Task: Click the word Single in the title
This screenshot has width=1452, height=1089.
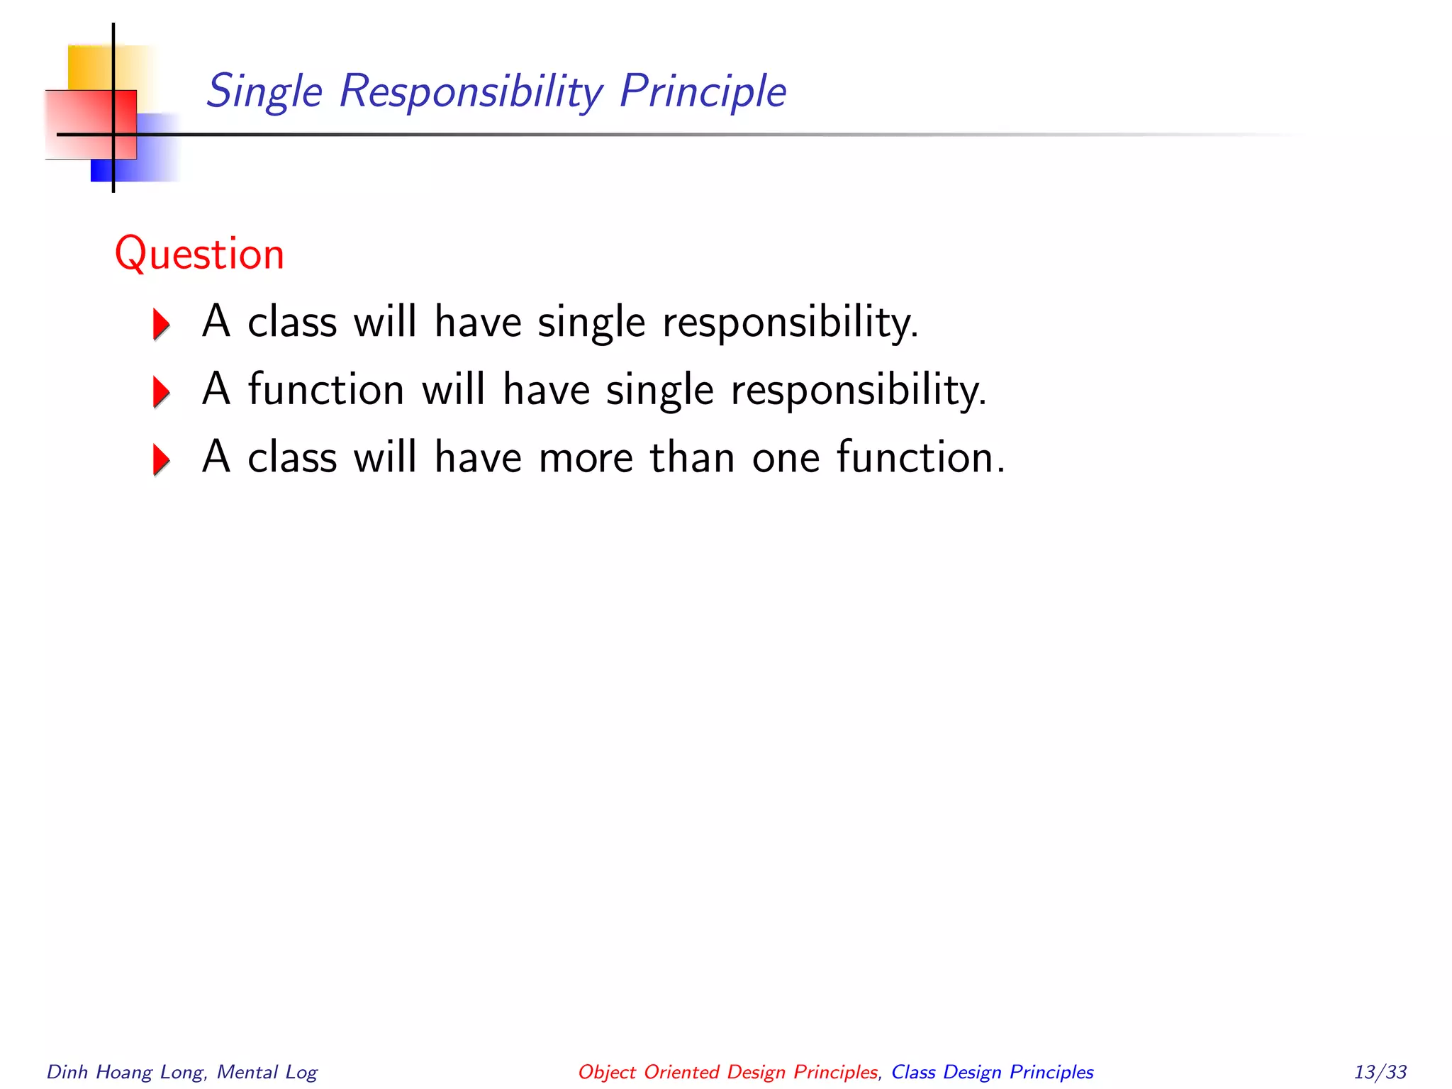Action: (264, 91)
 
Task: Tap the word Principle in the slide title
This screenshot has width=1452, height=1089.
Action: (702, 91)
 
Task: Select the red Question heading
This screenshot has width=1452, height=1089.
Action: (199, 254)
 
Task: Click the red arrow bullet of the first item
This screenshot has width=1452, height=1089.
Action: (162, 325)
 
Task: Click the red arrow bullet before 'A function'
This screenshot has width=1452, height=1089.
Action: (162, 392)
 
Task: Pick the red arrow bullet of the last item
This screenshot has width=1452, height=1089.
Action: (162, 459)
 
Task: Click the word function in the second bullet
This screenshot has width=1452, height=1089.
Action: (326, 389)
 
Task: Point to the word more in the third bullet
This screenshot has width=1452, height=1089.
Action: (586, 457)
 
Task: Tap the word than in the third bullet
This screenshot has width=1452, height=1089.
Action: (692, 457)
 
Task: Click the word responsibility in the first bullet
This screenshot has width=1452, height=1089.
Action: (790, 323)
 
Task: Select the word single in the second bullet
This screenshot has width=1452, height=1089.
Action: (659, 391)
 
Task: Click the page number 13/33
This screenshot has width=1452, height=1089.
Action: (1380, 1072)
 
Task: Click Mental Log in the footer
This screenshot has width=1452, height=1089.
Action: (267, 1072)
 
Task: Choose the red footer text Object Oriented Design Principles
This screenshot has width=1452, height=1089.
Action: (727, 1072)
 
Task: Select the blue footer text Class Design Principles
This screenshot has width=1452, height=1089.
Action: (992, 1072)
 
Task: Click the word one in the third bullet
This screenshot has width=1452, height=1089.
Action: (785, 457)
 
